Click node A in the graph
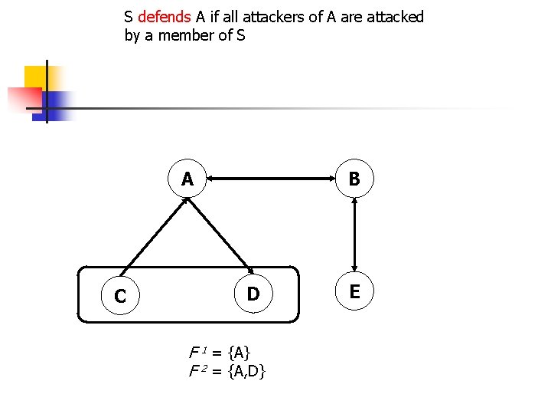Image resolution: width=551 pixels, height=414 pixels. pos(187,180)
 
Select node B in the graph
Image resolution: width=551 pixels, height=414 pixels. pos(354,180)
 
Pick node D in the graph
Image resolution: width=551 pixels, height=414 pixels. pos(253,294)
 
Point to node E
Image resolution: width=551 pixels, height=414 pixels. pos(354,292)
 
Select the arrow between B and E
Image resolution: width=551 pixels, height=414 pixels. pos(354,236)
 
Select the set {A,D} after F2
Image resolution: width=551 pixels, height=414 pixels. pos(246,372)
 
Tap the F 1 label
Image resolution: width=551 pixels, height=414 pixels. pos(198,353)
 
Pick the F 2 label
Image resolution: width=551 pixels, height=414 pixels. pos(198,372)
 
